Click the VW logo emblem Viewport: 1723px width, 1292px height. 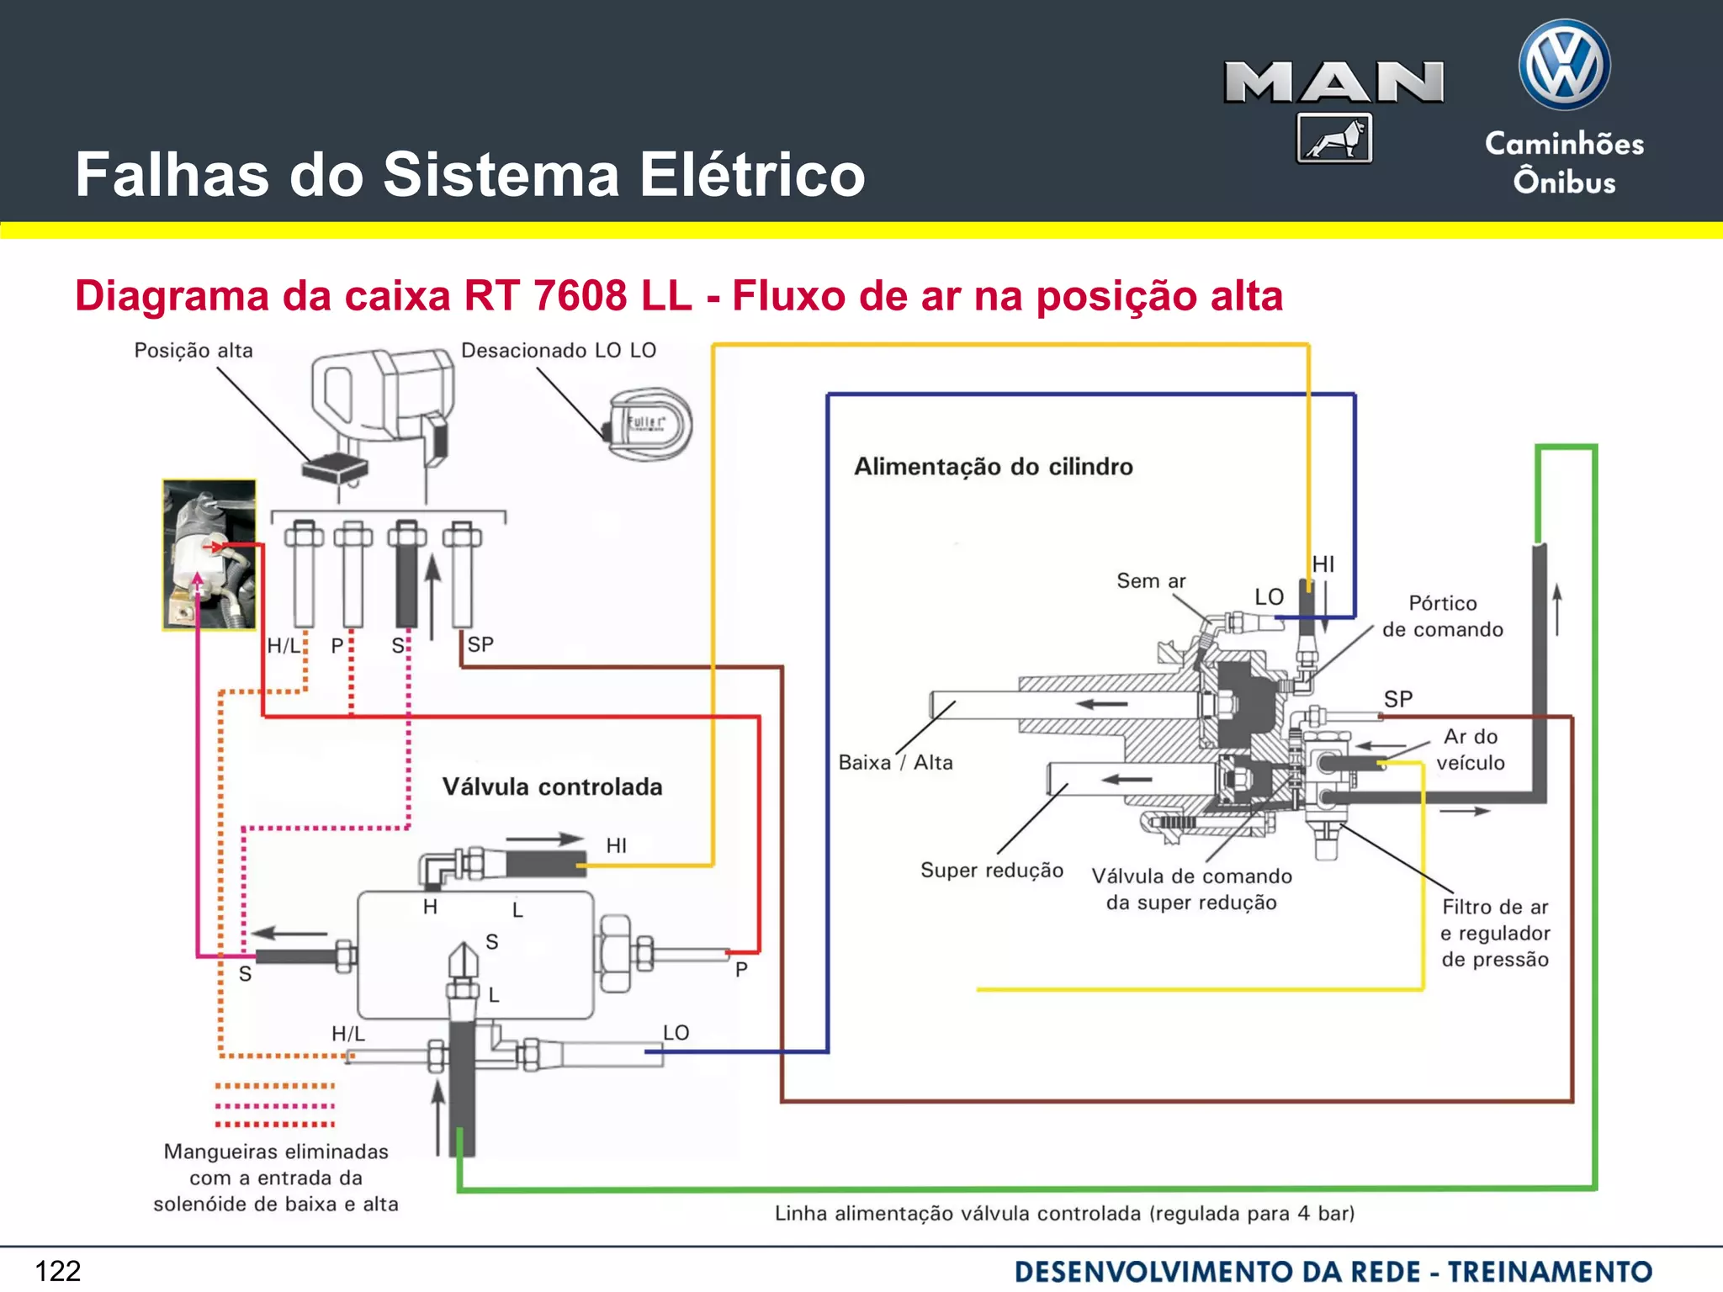pyautogui.click(x=1564, y=66)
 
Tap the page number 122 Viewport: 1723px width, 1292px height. pyautogui.click(x=58, y=1270)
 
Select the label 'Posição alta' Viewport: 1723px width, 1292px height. pyautogui.click(x=194, y=351)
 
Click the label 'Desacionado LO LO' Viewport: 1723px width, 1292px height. pyautogui.click(x=559, y=351)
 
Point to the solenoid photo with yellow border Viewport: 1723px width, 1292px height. pyautogui.click(x=209, y=555)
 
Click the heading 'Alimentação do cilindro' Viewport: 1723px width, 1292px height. pyautogui.click(x=994, y=467)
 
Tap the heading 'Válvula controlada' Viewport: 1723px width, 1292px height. pyautogui.click(x=552, y=787)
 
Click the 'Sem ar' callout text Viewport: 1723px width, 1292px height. pyautogui.click(x=1151, y=581)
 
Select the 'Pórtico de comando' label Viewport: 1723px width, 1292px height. pyautogui.click(x=1442, y=617)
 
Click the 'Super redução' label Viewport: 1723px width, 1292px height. pyautogui.click(x=992, y=871)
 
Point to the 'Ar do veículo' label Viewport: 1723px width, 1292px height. pyautogui.click(x=1471, y=749)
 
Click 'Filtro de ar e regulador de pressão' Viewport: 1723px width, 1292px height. pyautogui.click(x=1495, y=933)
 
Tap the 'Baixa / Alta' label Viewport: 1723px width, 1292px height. pyautogui.click(x=895, y=763)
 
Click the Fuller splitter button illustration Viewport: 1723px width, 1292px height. pyautogui.click(x=649, y=424)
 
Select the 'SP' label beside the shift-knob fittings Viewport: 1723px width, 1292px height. pyautogui.click(x=480, y=645)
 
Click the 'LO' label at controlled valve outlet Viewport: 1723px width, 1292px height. pyautogui.click(x=676, y=1033)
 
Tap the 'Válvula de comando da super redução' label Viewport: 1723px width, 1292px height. pyautogui.click(x=1191, y=889)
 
